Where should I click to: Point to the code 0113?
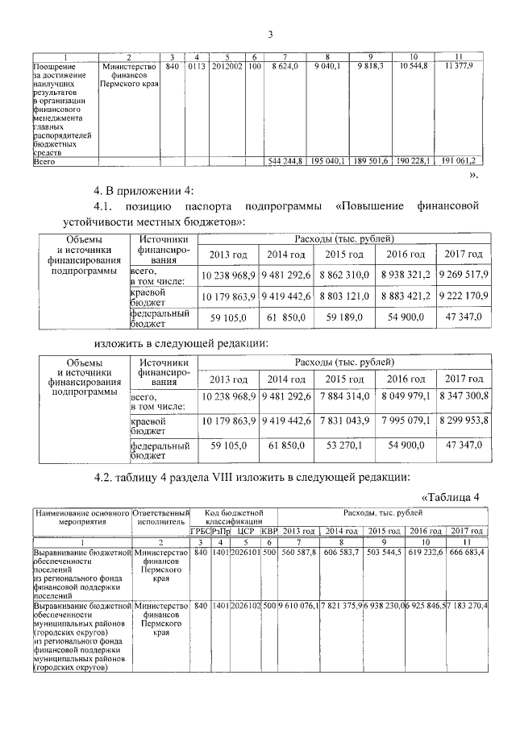(197, 64)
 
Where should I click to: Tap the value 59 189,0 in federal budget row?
(345, 318)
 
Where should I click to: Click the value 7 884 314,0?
(345, 397)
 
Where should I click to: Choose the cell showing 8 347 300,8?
(463, 397)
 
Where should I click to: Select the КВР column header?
(268, 532)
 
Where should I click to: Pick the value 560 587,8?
(298, 553)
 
